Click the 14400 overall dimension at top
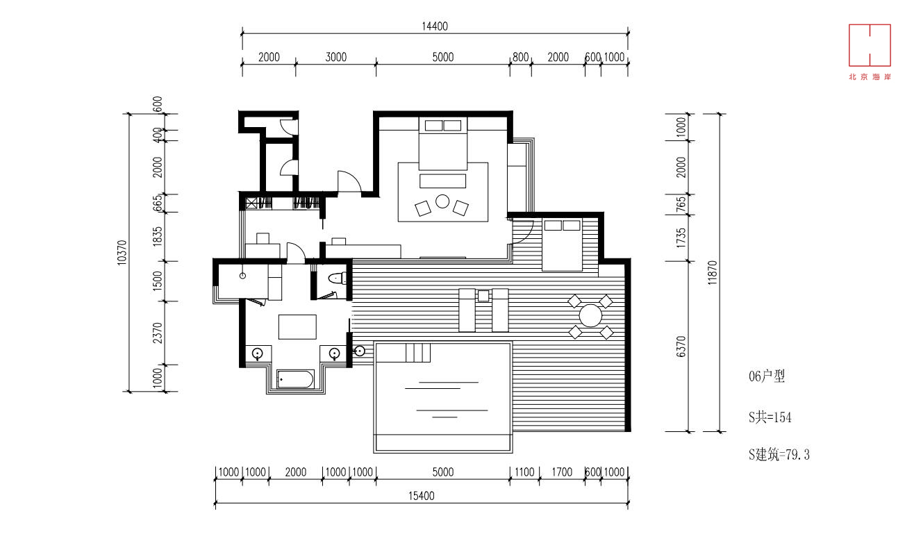(435, 26)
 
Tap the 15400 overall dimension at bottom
(422, 496)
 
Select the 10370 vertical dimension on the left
(122, 253)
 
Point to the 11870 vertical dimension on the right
(712, 272)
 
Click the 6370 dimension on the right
(681, 347)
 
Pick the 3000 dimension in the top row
(336, 57)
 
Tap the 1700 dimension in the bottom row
(562, 472)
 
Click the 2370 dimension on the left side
(158, 333)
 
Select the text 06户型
(767, 376)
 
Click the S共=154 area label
(770, 417)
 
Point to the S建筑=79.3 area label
(779, 454)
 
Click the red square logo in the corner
(870, 45)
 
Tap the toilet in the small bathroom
(338, 278)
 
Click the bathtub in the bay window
(295, 379)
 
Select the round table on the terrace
(590, 316)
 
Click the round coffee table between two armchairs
(442, 201)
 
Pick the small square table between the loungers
(483, 296)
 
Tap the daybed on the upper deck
(563, 244)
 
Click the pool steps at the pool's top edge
(418, 353)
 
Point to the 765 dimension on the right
(681, 204)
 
